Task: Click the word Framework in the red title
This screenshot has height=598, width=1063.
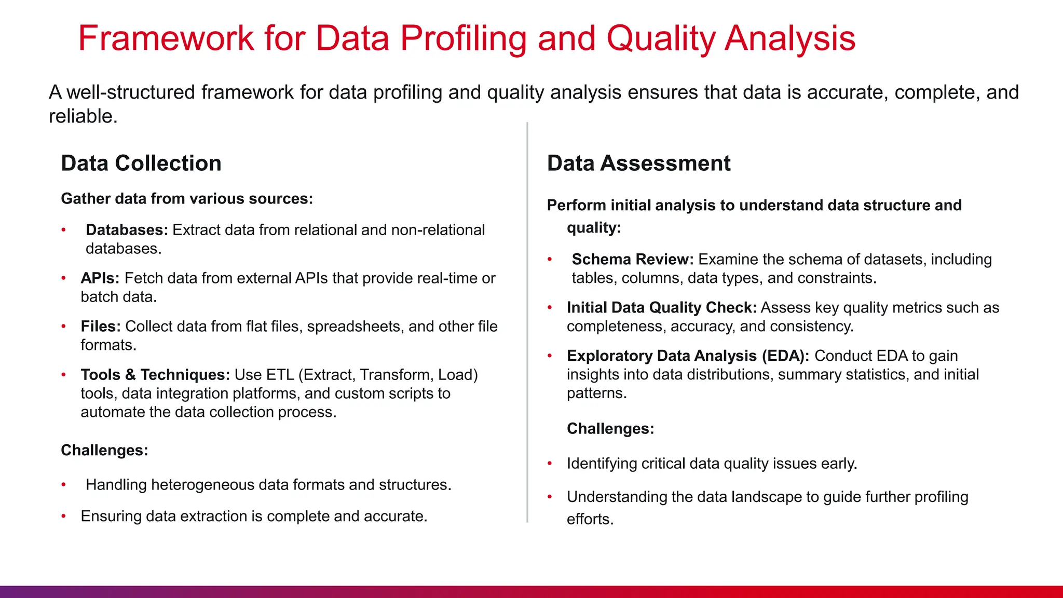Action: point(166,39)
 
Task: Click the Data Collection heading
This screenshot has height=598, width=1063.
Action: point(141,163)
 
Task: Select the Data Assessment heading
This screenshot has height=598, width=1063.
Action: point(638,163)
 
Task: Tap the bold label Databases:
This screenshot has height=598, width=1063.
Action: point(127,230)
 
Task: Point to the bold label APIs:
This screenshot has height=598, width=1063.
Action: point(100,278)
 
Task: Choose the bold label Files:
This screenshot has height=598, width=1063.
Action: point(101,327)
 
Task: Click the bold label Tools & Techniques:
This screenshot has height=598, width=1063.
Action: point(155,375)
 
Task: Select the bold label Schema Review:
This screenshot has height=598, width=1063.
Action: point(632,260)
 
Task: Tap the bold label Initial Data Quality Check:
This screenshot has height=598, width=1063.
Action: point(661,308)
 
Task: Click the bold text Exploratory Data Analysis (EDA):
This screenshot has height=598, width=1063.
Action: point(688,356)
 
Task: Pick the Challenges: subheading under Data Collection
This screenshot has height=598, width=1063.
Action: point(104,450)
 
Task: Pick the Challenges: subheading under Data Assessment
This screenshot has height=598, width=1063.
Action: point(610,429)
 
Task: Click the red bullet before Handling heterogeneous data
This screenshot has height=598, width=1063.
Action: point(63,485)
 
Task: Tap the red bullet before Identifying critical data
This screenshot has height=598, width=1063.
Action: point(550,464)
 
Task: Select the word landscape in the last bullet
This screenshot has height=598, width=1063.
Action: point(767,497)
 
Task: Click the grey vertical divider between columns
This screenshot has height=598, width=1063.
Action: point(527,322)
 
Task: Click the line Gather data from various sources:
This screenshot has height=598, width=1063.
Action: point(187,199)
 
